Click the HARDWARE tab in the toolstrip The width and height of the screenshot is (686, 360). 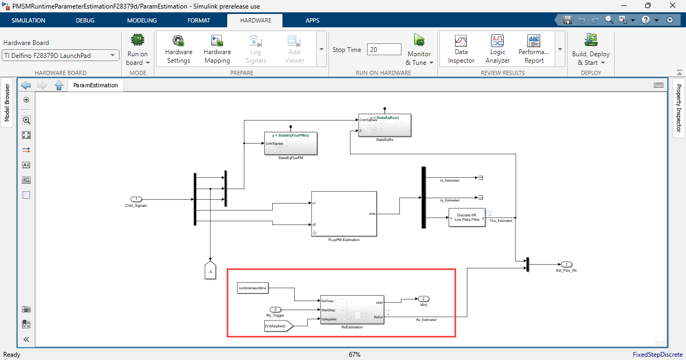255,20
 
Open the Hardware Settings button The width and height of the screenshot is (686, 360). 178,49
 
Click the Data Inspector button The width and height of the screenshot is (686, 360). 461,49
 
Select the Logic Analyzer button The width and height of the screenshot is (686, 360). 497,49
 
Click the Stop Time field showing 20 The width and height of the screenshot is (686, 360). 384,49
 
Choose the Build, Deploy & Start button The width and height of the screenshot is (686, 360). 591,49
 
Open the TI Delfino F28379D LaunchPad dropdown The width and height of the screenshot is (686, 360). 61,55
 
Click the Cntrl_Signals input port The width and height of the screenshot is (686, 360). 136,199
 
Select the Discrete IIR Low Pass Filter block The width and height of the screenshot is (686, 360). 467,217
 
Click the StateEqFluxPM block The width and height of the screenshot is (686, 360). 290,144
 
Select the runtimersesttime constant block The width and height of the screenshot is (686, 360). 252,289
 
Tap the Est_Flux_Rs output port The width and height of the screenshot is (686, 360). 566,264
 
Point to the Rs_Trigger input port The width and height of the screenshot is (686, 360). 275,309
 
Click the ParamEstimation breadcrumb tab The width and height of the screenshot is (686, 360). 95,85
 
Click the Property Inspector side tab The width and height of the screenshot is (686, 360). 678,108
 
